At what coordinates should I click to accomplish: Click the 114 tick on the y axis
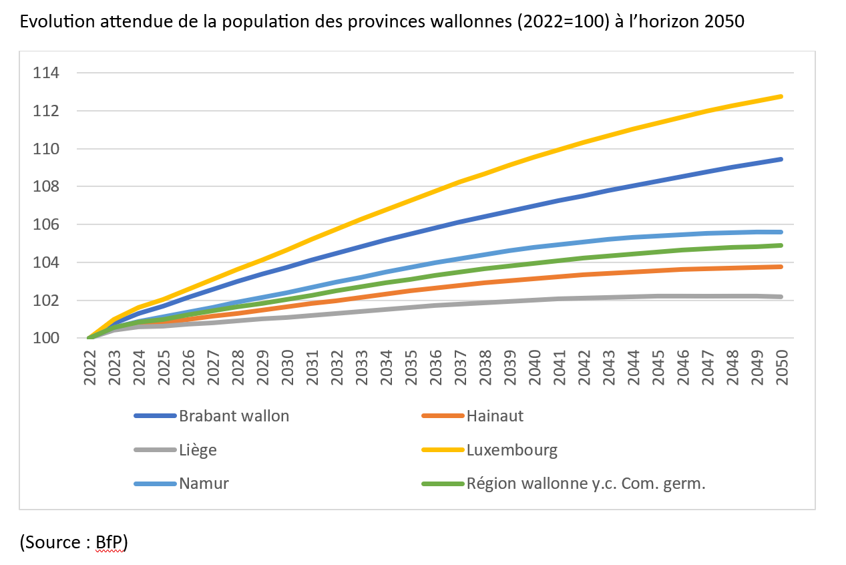(x=46, y=73)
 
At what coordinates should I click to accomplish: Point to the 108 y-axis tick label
(x=46, y=186)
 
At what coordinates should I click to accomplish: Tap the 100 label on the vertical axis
(x=46, y=338)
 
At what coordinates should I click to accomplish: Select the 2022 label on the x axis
(x=90, y=367)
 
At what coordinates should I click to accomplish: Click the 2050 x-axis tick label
(x=782, y=367)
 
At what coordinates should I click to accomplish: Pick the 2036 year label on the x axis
(x=436, y=367)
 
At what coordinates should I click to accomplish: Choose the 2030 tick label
(x=287, y=367)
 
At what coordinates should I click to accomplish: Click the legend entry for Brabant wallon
(x=212, y=416)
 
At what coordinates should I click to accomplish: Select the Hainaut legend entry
(x=473, y=416)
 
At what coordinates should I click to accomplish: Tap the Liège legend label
(x=175, y=450)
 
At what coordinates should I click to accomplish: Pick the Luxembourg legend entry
(x=489, y=450)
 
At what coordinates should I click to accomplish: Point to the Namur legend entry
(x=182, y=484)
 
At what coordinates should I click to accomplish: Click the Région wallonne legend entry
(x=564, y=484)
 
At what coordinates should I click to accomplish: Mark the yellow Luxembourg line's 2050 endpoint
(x=781, y=97)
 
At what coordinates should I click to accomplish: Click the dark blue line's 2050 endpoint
(x=781, y=160)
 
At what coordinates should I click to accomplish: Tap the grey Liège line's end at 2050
(x=781, y=297)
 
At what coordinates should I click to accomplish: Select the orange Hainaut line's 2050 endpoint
(x=781, y=266)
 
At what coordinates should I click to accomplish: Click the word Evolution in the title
(x=57, y=21)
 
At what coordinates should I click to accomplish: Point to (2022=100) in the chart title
(x=564, y=21)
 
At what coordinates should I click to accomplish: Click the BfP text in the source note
(x=109, y=542)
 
